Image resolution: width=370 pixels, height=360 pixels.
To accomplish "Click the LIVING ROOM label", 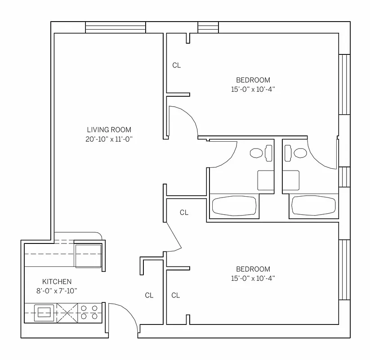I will (109, 130).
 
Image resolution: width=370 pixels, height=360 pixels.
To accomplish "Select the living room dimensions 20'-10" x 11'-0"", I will (109, 139).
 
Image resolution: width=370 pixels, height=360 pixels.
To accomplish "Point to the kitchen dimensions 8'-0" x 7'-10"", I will (57, 291).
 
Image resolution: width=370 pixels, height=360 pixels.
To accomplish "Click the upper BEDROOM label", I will (253, 80).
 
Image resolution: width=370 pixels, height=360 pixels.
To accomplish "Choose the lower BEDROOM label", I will (253, 269).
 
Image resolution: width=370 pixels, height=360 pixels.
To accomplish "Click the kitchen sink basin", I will (44, 312).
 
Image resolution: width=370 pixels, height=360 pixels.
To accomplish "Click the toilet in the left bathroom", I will (257, 153).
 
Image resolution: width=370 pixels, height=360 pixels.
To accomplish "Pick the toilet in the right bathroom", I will (299, 153).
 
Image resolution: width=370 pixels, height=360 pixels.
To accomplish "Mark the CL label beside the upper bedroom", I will (177, 65).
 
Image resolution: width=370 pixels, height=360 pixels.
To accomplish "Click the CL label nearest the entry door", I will (149, 296).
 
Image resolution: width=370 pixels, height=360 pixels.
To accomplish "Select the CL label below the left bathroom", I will (184, 212).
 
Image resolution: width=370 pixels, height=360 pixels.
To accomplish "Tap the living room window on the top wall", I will (116, 28).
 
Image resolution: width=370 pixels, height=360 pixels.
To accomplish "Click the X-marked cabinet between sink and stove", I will (67, 312).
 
